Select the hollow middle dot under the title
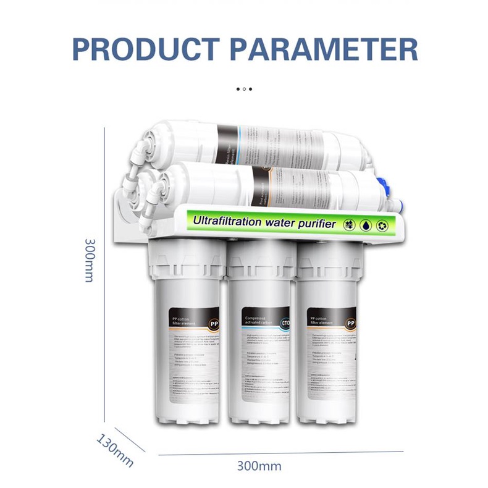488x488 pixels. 244,89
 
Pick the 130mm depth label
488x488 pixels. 115,449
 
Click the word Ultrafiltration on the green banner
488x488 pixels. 229,221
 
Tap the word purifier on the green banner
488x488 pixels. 314,223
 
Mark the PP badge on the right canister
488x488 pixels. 350,322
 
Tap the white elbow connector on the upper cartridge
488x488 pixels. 140,149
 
